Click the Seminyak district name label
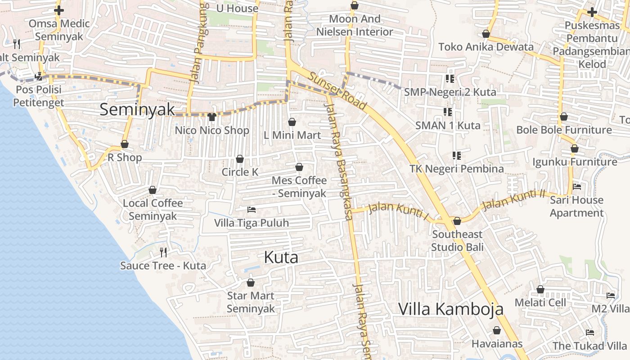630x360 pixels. pos(137,109)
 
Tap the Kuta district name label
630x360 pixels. pos(281,257)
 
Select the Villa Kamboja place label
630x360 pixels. pos(451,309)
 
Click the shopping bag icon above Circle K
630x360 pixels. pos(240,159)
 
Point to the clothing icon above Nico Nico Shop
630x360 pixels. pos(212,117)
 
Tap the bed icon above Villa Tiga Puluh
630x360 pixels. pos(252,210)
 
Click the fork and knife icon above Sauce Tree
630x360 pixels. pos(163,252)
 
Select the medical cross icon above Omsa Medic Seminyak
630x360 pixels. pos(59,10)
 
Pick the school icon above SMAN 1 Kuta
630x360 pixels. pos(447,112)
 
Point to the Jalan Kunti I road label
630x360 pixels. pos(398,211)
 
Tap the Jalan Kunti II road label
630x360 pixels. pos(513,200)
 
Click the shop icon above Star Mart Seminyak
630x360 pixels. pos(251,283)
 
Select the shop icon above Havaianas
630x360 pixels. pos(497,331)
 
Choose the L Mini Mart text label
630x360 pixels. pos(292,135)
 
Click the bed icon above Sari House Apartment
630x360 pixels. pos(576,186)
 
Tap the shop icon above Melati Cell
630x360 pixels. pos(540,289)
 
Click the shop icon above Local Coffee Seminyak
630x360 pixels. pos(153,190)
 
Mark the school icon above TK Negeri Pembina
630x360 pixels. pos(457,156)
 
